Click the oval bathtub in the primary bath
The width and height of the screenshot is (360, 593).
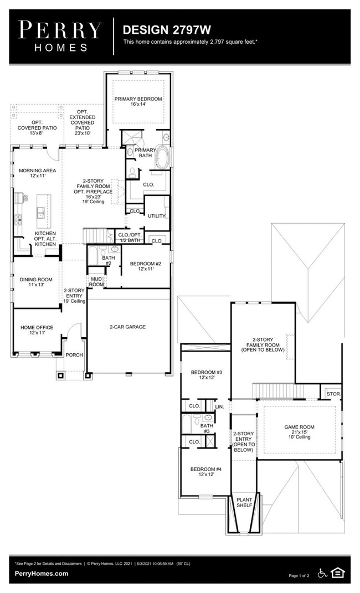(163, 157)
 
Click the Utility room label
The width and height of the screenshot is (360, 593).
(156, 215)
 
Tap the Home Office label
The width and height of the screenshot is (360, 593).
(37, 331)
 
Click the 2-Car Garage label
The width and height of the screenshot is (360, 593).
(127, 327)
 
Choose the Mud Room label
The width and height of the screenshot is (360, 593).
(97, 281)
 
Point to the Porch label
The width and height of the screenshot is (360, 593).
(74, 355)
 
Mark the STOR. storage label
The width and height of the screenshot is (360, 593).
(333, 394)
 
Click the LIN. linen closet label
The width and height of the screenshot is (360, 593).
(220, 406)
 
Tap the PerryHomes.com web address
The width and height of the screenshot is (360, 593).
(42, 574)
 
